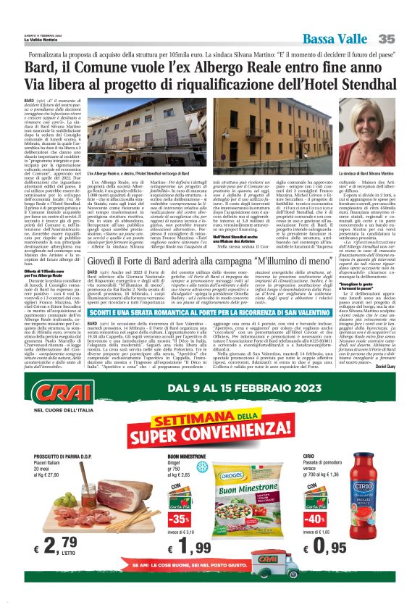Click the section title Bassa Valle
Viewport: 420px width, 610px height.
pos(335,38)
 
